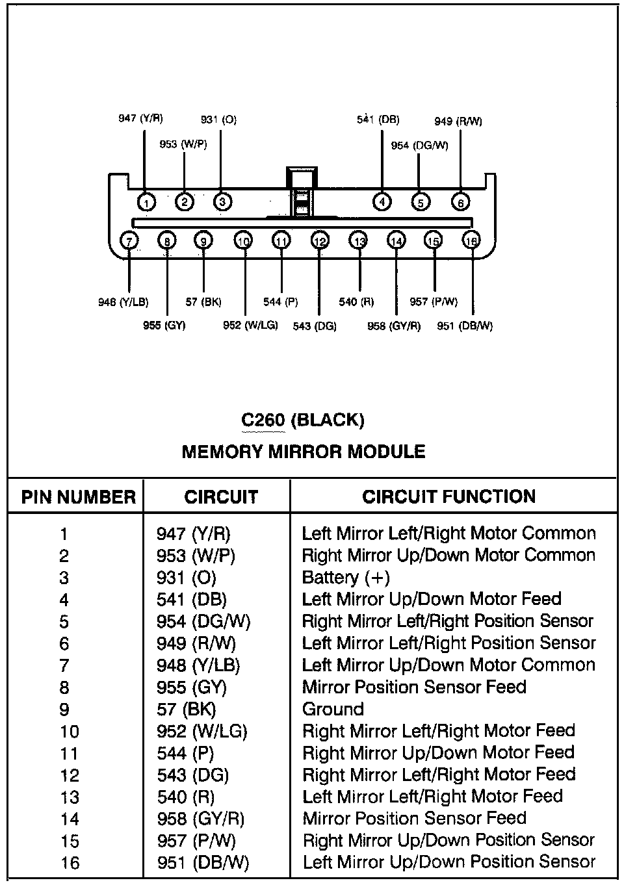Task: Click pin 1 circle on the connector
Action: point(146,203)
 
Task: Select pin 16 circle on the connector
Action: point(472,241)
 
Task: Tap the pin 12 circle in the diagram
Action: point(319,241)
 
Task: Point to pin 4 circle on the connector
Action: point(382,202)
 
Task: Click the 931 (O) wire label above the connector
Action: point(218,120)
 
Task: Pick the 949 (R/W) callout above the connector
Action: point(458,121)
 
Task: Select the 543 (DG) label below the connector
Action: point(315,326)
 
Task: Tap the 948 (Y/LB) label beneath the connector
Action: point(123,302)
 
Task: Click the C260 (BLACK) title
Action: point(303,420)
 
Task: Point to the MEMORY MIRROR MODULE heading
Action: point(303,452)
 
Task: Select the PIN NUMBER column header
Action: point(79,497)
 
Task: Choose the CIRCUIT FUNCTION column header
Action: point(448,497)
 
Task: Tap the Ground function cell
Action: point(333,709)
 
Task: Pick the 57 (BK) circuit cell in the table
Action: point(186,709)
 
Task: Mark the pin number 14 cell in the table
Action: point(70,819)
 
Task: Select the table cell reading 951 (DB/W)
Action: point(203,863)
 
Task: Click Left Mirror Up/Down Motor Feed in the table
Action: point(432,599)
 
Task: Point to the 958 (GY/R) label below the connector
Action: point(394,326)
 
